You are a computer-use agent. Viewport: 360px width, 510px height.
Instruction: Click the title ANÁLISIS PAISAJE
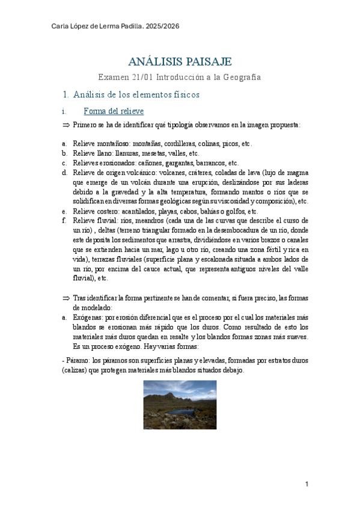point(180,62)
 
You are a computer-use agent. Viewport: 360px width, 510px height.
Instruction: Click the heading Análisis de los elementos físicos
point(136,95)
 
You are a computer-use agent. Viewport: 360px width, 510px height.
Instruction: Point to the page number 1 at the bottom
point(307,484)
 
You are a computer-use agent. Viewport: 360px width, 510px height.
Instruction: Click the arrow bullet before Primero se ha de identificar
point(66,125)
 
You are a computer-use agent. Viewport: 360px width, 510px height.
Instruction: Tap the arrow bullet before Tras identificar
point(66,298)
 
